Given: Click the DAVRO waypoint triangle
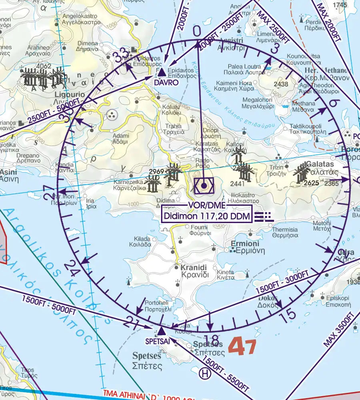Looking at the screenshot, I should point(161,72).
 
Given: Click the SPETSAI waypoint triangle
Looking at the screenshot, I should point(161,331).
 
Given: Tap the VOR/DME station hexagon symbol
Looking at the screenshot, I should point(204,186).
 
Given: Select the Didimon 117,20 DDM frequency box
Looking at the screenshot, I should point(207,217).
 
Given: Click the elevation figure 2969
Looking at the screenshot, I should point(157,172).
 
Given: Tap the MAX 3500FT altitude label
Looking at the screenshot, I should point(340,329).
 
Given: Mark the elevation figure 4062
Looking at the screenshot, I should point(32,66).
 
